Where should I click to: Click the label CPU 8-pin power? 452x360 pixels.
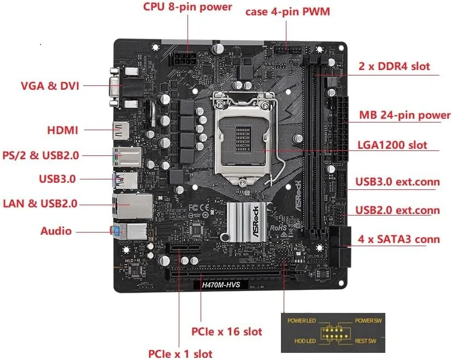[187, 7]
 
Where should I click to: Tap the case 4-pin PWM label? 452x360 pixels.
[287, 11]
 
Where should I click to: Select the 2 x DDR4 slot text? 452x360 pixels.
[394, 67]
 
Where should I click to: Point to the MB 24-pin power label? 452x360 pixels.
[405, 115]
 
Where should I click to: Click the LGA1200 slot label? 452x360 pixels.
[392, 146]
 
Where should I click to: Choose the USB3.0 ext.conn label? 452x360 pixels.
[397, 182]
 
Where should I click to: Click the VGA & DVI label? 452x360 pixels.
[50, 86]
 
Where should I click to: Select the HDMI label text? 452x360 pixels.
[63, 130]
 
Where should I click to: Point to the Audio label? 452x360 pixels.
[56, 231]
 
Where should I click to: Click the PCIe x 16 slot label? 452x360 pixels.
[226, 331]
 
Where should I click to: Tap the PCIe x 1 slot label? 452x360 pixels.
[180, 353]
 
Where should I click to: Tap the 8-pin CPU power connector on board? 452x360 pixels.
[183, 59]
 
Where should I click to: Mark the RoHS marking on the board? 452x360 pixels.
[280, 227]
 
